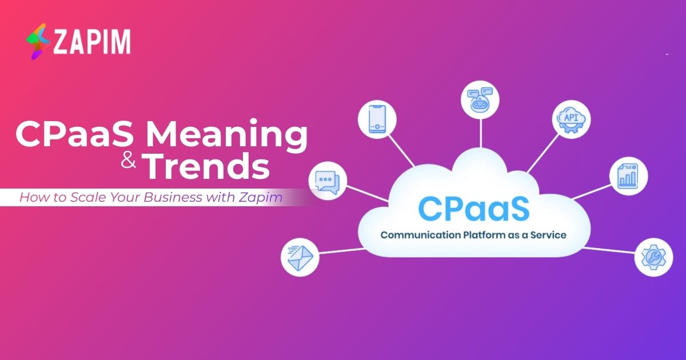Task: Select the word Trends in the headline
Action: (x=206, y=167)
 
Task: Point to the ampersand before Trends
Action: (x=129, y=163)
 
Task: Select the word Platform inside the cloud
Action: (x=485, y=235)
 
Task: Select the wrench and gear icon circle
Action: (x=653, y=257)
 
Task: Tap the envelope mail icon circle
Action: (x=300, y=257)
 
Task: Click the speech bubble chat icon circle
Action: (x=327, y=181)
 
